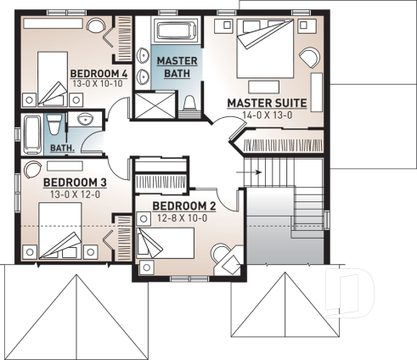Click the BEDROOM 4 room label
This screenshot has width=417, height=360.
click(99, 73)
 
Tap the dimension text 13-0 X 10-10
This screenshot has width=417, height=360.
click(99, 85)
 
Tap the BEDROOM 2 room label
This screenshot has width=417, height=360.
click(183, 205)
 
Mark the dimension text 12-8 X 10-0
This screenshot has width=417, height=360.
click(183, 217)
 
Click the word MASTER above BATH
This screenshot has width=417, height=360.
click(177, 61)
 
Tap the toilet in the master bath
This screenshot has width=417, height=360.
click(189, 104)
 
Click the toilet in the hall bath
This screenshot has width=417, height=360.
click(52, 126)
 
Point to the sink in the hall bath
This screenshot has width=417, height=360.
click(85, 120)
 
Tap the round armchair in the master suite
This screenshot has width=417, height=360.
click(309, 60)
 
